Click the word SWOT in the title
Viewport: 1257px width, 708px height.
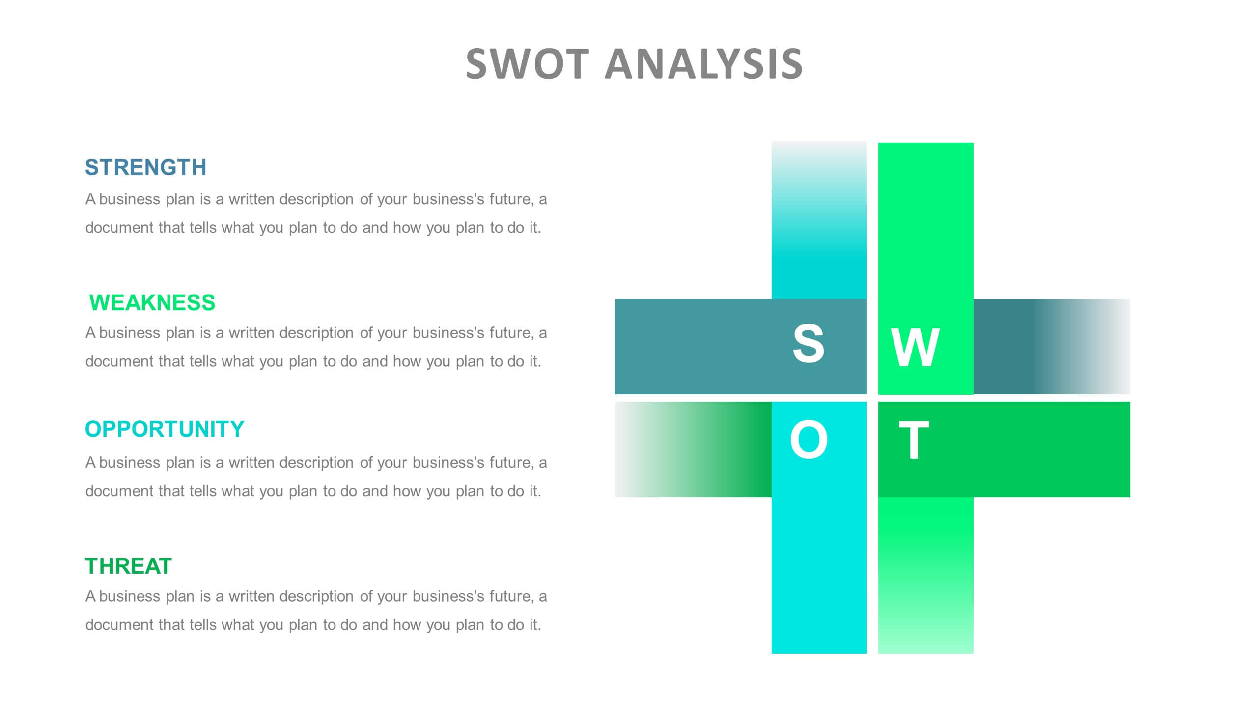click(x=527, y=64)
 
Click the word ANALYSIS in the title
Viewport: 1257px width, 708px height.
click(x=703, y=64)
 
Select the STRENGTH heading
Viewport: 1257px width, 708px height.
click(x=145, y=167)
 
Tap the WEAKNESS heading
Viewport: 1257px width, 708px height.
click(x=152, y=303)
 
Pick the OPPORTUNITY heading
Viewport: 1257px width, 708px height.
click(x=165, y=429)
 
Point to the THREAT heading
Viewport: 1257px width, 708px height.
click(x=128, y=566)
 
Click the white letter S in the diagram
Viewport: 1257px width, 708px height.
click(x=808, y=344)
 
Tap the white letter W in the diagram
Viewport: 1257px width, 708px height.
click(x=915, y=348)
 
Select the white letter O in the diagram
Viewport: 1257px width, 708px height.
click(x=809, y=440)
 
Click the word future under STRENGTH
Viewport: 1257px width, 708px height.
click(x=510, y=199)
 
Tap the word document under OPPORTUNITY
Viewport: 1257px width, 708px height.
click(x=119, y=491)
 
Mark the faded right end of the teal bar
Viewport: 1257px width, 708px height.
click(x=1105, y=347)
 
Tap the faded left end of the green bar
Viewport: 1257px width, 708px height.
click(x=639, y=449)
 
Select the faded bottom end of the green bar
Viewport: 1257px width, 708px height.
click(x=925, y=634)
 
